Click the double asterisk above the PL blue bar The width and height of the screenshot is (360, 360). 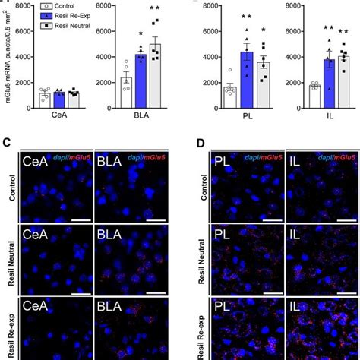click(247, 17)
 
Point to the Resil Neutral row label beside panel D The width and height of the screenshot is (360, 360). click(199, 254)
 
